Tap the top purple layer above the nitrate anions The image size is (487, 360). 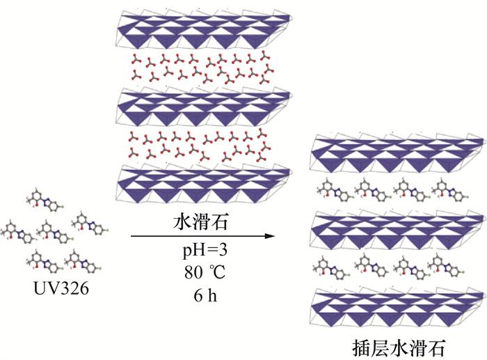[202, 31]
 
